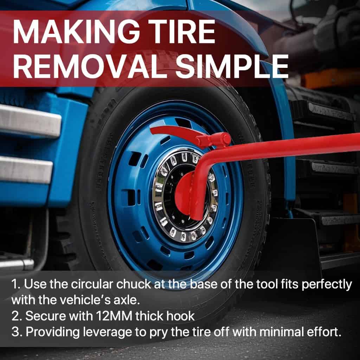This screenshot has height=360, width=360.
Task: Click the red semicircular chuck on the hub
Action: pos(184,195)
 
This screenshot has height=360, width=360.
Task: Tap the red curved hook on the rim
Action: pos(174,132)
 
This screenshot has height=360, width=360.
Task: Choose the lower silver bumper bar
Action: pos(25,170)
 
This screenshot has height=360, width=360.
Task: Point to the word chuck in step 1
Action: pos(133,284)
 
